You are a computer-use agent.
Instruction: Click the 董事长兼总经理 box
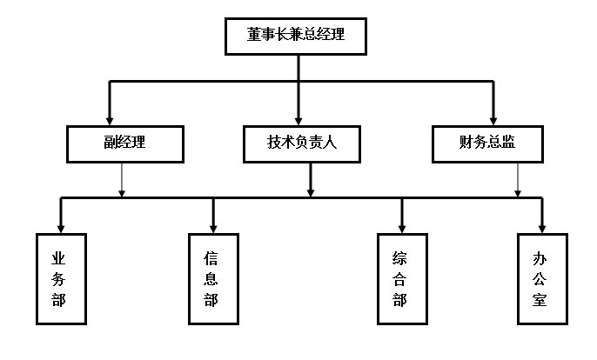pos(295,36)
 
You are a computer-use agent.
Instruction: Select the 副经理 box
pos(125,143)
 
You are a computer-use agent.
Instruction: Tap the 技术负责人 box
pos(302,143)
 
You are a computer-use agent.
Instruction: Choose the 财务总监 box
pos(487,143)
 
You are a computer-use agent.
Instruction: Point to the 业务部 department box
pos(61,279)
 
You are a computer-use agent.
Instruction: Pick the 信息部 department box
pos(212,279)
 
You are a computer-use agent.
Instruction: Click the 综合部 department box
pos(401,279)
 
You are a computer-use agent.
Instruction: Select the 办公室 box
pos(541,279)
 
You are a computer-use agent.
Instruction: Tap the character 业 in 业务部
pos(59,258)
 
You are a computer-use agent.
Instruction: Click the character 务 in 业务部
pos(59,279)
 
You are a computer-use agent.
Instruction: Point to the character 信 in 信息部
pos(211,258)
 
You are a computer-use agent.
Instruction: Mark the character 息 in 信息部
pos(211,279)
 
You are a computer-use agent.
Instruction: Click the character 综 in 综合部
pos(400,258)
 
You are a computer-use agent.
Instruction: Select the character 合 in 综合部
pos(400,279)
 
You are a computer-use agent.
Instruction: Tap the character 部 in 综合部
pos(400,300)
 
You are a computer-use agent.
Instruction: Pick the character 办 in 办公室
pos(540,258)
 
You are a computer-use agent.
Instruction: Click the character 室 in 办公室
pos(540,300)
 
